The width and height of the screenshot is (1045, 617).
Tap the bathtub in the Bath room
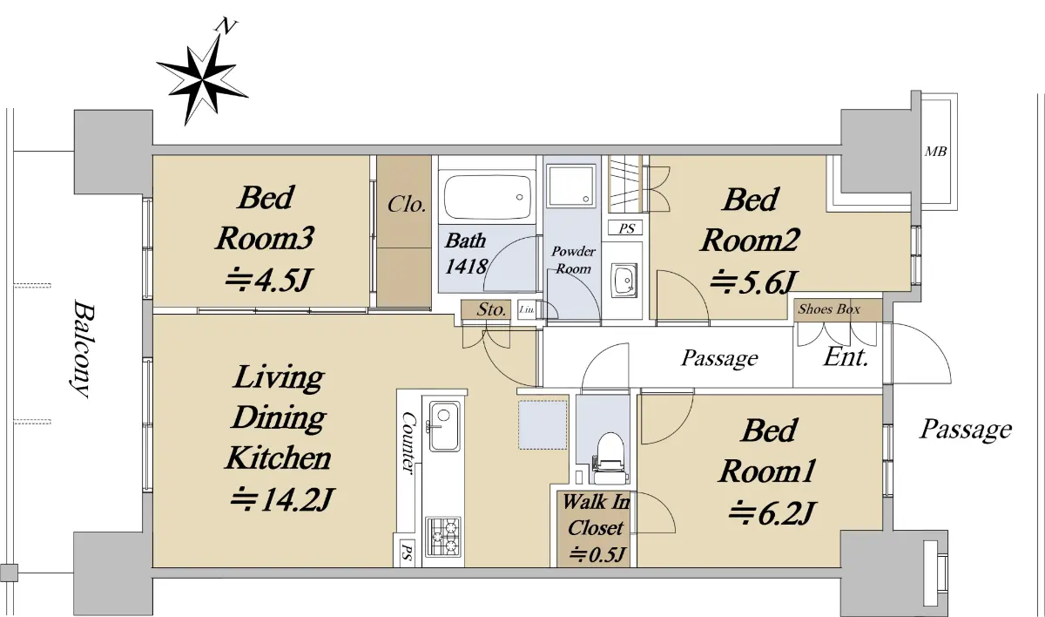[x=488, y=197]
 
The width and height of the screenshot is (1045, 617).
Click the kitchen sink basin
[x=443, y=426]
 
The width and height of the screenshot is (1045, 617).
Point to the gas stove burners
[x=443, y=536]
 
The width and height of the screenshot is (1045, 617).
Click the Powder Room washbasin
[x=624, y=281]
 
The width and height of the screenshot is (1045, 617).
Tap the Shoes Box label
[x=829, y=309]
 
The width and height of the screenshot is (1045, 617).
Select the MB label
[x=935, y=152]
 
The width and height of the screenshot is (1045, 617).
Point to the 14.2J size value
[x=282, y=499]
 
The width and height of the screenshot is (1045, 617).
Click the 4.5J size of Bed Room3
[x=268, y=280]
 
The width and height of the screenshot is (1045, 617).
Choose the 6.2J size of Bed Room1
[x=772, y=512]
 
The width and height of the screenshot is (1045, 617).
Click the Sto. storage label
[x=491, y=309]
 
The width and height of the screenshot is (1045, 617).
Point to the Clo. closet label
[x=407, y=205]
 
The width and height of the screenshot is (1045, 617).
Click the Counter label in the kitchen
[x=408, y=443]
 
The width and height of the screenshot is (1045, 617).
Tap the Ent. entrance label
[x=846, y=357]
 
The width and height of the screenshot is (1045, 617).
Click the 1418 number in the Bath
[x=466, y=267]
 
